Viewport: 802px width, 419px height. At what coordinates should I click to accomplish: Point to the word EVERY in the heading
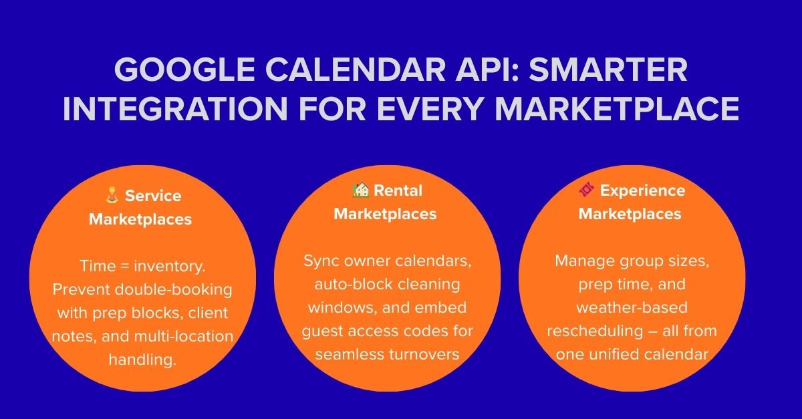coord(434,108)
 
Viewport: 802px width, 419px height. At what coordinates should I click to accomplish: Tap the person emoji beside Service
coord(112,196)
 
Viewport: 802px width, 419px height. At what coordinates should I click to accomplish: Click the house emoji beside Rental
coord(360,190)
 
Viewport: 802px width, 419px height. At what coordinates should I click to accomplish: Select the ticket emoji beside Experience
coord(586,190)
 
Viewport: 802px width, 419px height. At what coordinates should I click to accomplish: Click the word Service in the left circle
coord(153,196)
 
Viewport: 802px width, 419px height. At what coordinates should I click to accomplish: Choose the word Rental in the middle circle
coord(398,190)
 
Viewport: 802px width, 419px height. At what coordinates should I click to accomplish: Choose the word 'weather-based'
coord(632,307)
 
